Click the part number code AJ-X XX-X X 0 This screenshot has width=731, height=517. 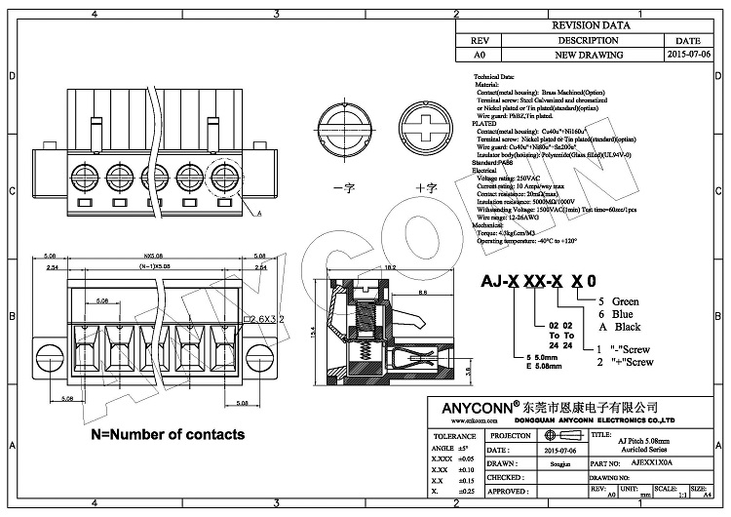point(534,282)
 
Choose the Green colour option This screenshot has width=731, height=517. point(618,302)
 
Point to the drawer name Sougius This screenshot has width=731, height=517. point(546,464)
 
